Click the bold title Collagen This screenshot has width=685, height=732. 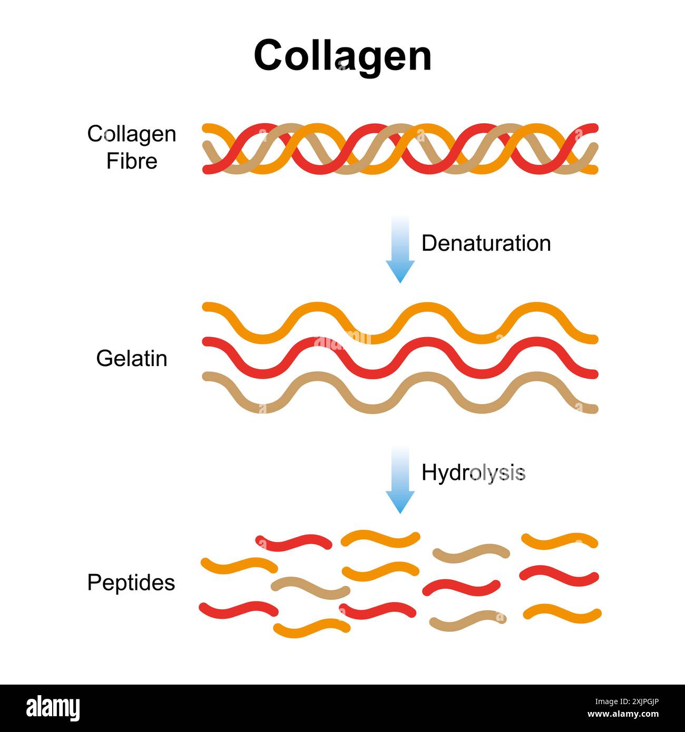[x=342, y=55]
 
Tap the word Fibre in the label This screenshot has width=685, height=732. [x=132, y=161]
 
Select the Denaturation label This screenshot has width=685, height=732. [x=486, y=243]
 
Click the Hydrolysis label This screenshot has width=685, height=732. [x=473, y=473]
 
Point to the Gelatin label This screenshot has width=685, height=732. [x=132, y=359]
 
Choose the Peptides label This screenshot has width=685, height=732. [x=131, y=582]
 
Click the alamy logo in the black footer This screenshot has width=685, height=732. [x=53, y=708]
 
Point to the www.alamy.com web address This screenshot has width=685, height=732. [x=623, y=715]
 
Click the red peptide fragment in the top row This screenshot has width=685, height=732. [x=293, y=542]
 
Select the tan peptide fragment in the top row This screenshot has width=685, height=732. [x=471, y=552]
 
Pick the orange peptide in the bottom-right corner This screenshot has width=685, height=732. [x=562, y=613]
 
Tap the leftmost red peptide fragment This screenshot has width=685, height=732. [x=238, y=609]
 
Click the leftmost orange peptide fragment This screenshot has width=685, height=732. [x=239, y=565]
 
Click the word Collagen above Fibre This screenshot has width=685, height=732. [x=132, y=134]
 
